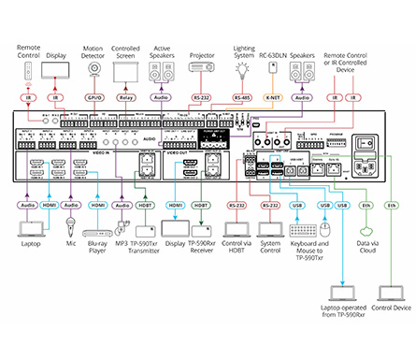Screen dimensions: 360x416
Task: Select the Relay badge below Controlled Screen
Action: (x=126, y=96)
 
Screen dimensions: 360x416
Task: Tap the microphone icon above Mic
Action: (x=69, y=224)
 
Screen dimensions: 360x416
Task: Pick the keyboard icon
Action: (x=306, y=230)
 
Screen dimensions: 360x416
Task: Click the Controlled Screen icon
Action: (x=126, y=71)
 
